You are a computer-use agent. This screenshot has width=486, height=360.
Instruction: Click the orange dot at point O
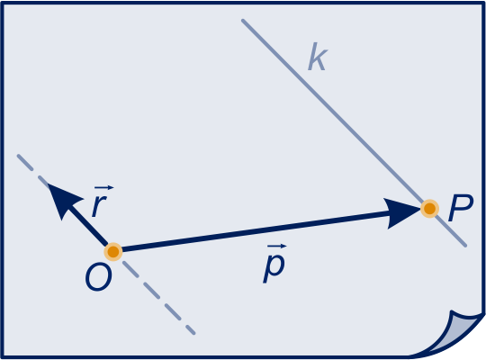(113, 251)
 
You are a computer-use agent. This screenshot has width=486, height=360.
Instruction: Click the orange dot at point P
(429, 209)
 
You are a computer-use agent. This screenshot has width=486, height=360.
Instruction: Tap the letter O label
(99, 277)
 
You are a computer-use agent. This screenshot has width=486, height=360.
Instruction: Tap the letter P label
(461, 208)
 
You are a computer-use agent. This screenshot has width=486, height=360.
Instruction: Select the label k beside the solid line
(318, 57)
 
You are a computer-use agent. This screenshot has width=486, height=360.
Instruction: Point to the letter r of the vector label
(99, 205)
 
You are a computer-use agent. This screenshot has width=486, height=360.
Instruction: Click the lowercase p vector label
(274, 267)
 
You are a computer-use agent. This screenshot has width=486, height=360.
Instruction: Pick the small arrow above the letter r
(103, 187)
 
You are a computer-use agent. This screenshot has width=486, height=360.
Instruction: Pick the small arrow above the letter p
(277, 247)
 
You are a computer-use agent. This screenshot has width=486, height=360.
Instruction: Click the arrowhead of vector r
(63, 198)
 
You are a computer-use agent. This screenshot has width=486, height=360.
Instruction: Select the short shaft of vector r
(86, 224)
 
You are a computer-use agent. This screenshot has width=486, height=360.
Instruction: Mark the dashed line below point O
(158, 297)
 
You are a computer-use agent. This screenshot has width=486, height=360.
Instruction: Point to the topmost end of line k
(243, 21)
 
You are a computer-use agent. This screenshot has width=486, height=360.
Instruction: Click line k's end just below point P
(465, 246)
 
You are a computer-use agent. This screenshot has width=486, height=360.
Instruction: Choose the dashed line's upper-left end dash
(25, 162)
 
